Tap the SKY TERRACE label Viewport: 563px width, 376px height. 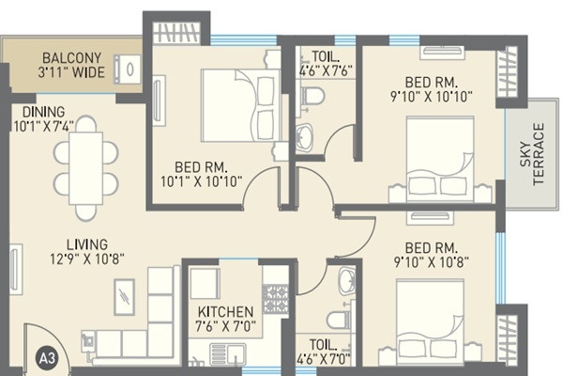539,153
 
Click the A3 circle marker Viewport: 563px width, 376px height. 44,357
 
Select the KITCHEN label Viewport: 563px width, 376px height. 225,312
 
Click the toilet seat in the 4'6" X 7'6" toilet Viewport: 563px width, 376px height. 313,96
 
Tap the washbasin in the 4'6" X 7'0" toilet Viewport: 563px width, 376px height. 345,280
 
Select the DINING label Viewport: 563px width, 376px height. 38,111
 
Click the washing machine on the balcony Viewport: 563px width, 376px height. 127,69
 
